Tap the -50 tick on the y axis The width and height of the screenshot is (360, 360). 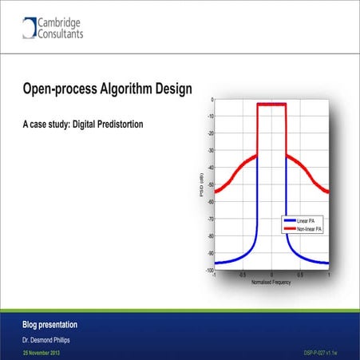[x=209, y=185]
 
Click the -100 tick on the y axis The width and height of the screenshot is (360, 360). [x=208, y=271]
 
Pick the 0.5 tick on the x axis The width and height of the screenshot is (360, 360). [x=300, y=275]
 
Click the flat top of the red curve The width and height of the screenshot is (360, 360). [x=271, y=105]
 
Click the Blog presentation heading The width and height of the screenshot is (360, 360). [x=49, y=325]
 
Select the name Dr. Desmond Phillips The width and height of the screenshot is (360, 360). [x=51, y=339]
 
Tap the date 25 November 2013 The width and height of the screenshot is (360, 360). [x=41, y=351]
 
